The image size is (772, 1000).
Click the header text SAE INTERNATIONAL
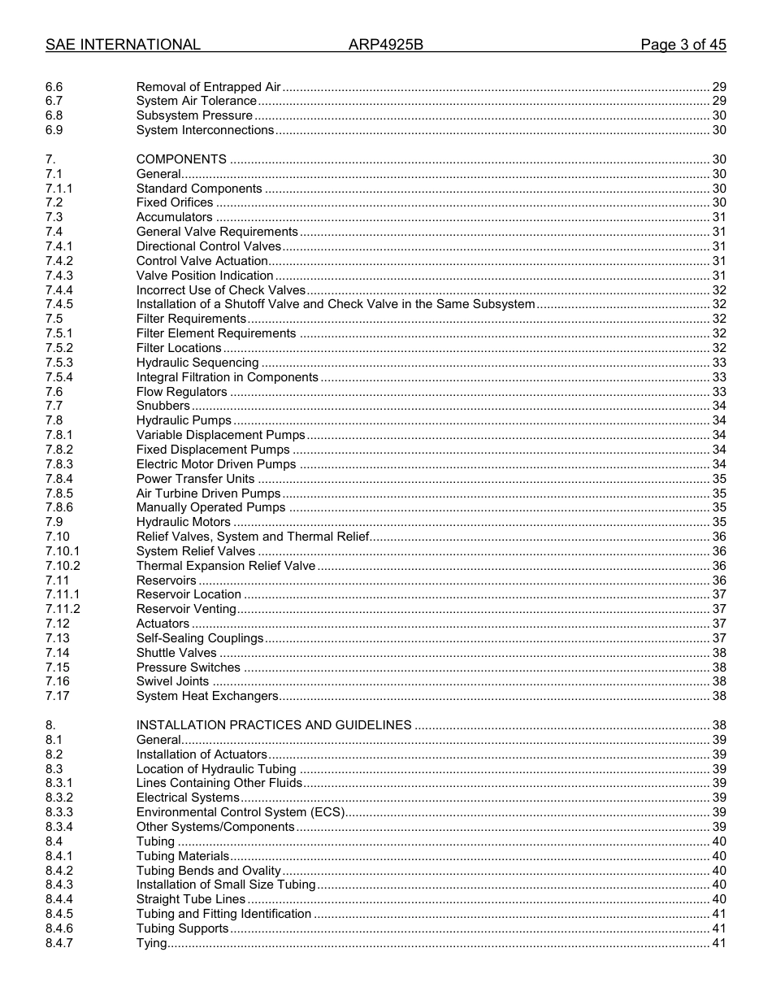click(x=123, y=45)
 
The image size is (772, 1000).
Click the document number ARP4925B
click(x=386, y=45)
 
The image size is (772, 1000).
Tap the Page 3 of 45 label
click(x=683, y=45)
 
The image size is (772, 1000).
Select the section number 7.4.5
click(x=59, y=304)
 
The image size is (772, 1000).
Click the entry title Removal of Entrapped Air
click(x=208, y=87)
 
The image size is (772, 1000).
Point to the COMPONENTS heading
click(x=181, y=159)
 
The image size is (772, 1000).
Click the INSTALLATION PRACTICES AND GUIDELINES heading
click(x=274, y=725)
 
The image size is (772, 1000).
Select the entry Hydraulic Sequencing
click(x=197, y=363)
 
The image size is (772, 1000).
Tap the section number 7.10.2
click(x=63, y=566)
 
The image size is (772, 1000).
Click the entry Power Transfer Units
click(x=195, y=479)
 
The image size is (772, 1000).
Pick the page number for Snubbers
click(x=718, y=406)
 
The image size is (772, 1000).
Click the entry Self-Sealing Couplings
click(x=199, y=638)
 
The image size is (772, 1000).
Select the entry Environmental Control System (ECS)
click(x=241, y=812)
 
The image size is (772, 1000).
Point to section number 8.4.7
click(x=59, y=943)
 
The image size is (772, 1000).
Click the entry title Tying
click(x=151, y=943)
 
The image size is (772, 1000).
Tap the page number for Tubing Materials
click(x=718, y=856)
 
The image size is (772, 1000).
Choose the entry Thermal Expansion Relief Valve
click(x=225, y=566)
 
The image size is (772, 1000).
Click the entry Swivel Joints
click(x=172, y=681)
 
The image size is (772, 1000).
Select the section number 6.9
click(x=54, y=130)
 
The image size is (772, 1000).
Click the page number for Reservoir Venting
click(x=718, y=609)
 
